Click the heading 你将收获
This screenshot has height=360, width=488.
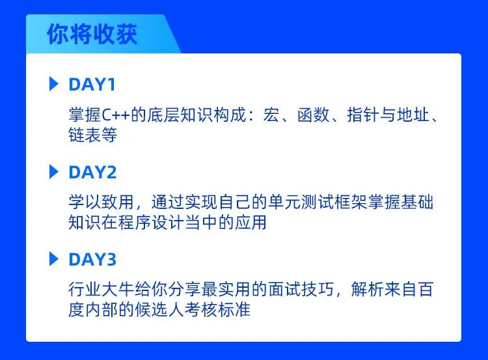(x=92, y=34)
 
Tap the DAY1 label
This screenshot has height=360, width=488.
(x=92, y=85)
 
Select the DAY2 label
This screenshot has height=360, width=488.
(x=92, y=173)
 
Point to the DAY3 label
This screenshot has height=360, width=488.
(x=92, y=259)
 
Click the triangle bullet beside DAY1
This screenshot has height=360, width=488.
(x=54, y=84)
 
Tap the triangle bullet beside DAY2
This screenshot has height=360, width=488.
(x=54, y=172)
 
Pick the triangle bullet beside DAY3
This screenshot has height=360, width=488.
(x=54, y=259)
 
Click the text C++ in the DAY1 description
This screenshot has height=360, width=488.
(x=115, y=115)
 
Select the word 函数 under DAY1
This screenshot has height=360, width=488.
(x=314, y=115)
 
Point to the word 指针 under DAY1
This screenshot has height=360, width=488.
(x=363, y=115)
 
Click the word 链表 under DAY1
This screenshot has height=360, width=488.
(x=85, y=135)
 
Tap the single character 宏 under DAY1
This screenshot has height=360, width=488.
(x=271, y=115)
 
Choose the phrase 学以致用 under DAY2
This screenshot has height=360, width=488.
(x=101, y=202)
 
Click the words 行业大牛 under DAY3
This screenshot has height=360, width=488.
(x=101, y=289)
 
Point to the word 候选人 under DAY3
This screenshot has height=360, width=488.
(x=159, y=310)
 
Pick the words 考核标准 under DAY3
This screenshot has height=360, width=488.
(x=217, y=310)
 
